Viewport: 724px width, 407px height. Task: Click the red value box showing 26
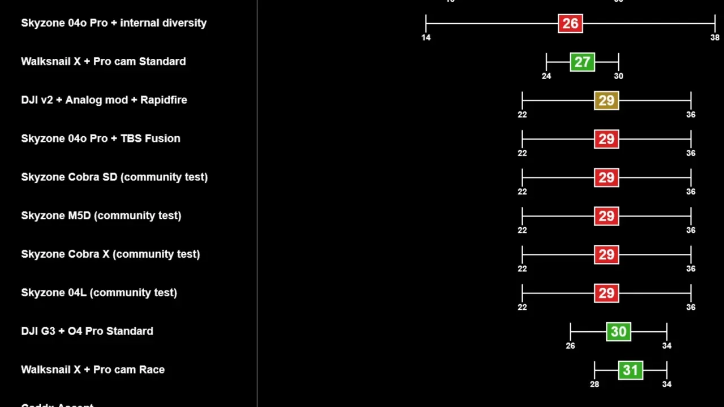[570, 23]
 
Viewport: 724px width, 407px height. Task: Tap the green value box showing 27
[582, 62]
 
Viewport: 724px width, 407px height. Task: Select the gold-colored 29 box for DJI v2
[606, 101]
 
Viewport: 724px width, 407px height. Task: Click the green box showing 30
[618, 331]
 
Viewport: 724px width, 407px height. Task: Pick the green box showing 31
[630, 370]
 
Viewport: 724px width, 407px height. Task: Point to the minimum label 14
[426, 37]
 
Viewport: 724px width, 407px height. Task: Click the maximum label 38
[715, 37]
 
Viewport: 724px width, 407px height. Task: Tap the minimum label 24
[546, 76]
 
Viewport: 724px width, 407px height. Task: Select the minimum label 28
[594, 384]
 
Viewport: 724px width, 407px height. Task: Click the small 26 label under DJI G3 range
[570, 346]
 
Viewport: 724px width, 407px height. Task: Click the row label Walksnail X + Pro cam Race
[93, 370]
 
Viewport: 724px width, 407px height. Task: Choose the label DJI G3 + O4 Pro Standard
[87, 331]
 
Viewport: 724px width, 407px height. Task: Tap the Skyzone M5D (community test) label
[101, 215]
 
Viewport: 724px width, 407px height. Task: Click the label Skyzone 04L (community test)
[99, 292]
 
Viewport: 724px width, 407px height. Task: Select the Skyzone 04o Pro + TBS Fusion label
[101, 138]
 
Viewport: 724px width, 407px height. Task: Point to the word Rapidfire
[163, 100]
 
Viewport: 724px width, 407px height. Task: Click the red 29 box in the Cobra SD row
[606, 177]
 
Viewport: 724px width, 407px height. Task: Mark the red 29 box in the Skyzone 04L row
[606, 293]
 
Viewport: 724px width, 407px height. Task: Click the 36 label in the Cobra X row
[691, 269]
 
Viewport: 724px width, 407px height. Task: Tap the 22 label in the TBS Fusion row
[522, 153]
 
